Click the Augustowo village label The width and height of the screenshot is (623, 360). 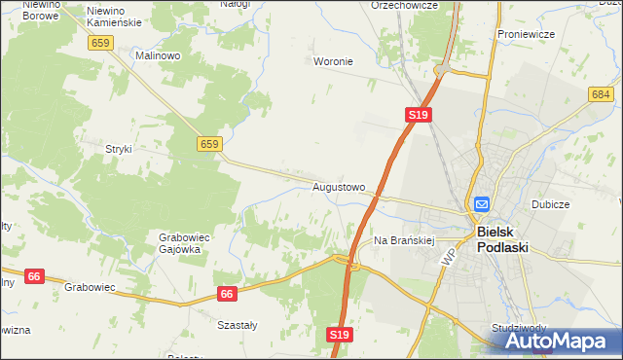pyautogui.click(x=339, y=186)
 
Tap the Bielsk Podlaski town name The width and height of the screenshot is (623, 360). pyautogui.click(x=502, y=240)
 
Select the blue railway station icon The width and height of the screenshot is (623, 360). pyautogui.click(x=482, y=204)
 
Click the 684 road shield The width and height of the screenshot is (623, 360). pyautogui.click(x=600, y=93)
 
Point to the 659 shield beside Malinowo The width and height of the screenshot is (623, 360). pyautogui.click(x=100, y=43)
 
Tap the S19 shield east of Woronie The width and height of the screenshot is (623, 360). pyautogui.click(x=418, y=115)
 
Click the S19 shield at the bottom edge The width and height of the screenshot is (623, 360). pyautogui.click(x=339, y=335)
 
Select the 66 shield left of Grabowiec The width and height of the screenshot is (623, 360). pyautogui.click(x=33, y=276)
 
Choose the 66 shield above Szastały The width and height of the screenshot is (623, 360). pyautogui.click(x=227, y=294)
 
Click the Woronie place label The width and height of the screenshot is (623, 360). pyautogui.click(x=333, y=61)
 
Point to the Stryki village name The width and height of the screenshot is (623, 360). pyautogui.click(x=118, y=149)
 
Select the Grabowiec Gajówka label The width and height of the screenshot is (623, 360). pyautogui.click(x=180, y=242)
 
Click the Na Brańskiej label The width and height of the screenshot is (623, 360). pyautogui.click(x=403, y=239)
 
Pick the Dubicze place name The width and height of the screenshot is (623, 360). pyautogui.click(x=550, y=205)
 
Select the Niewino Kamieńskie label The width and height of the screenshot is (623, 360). pyautogui.click(x=114, y=15)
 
